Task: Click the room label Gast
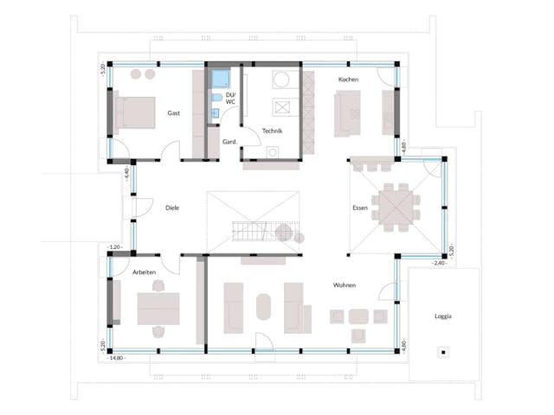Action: (174, 113)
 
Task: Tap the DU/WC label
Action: (230, 98)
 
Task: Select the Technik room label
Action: (272, 131)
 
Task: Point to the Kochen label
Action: (349, 80)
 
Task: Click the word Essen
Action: (360, 208)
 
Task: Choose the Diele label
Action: (171, 207)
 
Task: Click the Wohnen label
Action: (345, 284)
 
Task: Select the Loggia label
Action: (442, 316)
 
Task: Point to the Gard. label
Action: (230, 141)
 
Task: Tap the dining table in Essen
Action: (400, 205)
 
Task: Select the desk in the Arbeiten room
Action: (158, 305)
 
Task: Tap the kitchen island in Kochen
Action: (350, 112)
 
